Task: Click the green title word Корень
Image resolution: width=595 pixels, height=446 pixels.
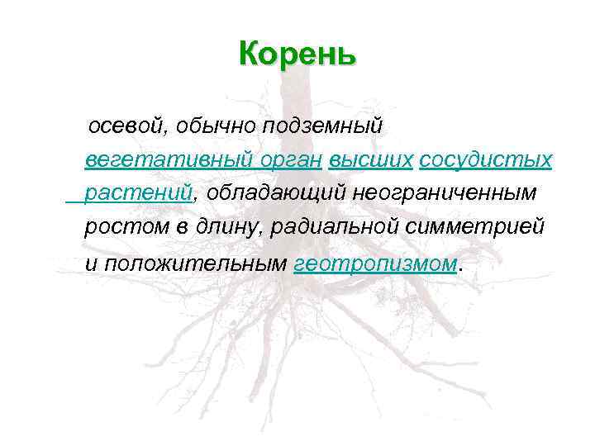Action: click(297, 54)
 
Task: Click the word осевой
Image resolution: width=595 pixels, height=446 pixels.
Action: click(126, 126)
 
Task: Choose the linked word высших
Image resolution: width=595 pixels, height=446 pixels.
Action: click(369, 159)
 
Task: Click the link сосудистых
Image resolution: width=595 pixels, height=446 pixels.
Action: click(485, 159)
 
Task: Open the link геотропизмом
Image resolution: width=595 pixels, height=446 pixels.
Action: click(375, 263)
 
